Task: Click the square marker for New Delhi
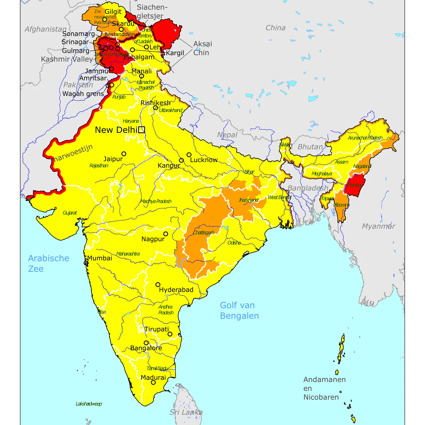[142, 130]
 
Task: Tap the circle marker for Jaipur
[124, 154]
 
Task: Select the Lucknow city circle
[189, 155]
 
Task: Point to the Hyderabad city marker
[158, 284]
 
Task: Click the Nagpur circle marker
[166, 234]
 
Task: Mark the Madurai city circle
[153, 382]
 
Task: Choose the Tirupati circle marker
[170, 334]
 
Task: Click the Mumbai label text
[100, 258]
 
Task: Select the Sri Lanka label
[186, 412]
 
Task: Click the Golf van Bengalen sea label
[239, 311]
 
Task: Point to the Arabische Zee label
[48, 263]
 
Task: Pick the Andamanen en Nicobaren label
[324, 388]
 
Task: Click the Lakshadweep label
[89, 404]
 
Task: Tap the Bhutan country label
[310, 147]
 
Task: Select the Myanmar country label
[379, 226]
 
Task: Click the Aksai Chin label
[202, 48]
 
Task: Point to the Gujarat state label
[70, 213]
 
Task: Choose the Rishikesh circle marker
[155, 108]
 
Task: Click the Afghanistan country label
[45, 29]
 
